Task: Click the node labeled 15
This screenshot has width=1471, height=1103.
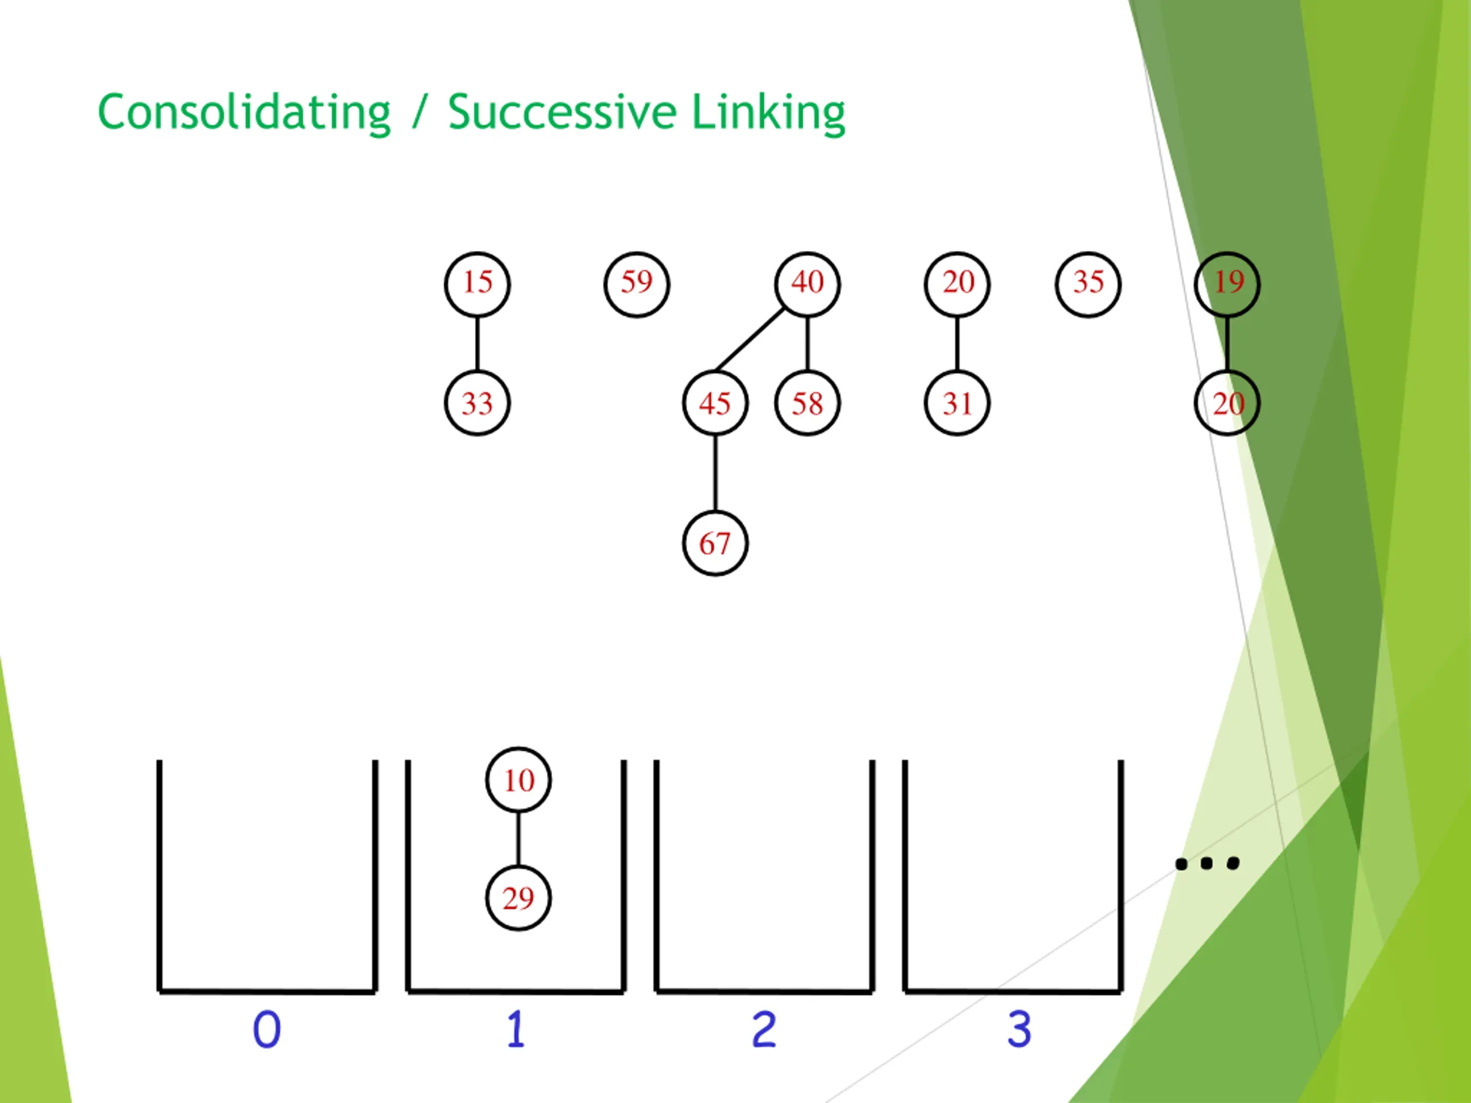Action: tap(477, 284)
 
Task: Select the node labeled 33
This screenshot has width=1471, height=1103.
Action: tap(477, 403)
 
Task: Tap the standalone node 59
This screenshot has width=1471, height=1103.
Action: tap(637, 284)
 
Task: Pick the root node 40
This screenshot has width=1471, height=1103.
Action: tap(807, 284)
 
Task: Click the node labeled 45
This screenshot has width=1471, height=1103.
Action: tap(715, 403)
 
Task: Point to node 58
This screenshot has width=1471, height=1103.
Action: tap(807, 403)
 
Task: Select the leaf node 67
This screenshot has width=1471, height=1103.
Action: tap(715, 543)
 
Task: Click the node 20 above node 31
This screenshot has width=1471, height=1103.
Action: tap(957, 284)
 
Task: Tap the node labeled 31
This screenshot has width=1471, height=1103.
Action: tap(957, 403)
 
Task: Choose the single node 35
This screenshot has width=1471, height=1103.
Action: tap(1088, 284)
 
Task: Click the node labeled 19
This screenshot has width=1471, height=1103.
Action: tap(1227, 284)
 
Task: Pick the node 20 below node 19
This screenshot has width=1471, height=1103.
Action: tap(1227, 403)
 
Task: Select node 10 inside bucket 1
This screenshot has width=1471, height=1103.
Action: tap(518, 780)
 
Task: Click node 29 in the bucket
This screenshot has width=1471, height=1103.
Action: tap(518, 898)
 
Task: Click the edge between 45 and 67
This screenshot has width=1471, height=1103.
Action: tap(715, 473)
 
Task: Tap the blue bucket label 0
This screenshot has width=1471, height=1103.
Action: tap(267, 1030)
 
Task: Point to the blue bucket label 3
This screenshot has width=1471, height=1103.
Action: tap(1019, 1030)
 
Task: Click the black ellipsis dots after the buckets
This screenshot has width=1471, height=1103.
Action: tap(1206, 863)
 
